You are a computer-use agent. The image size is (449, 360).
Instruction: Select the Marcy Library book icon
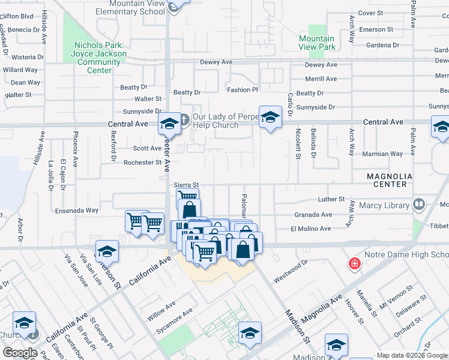click(x=419, y=205)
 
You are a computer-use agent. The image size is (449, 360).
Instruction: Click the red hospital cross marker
click(x=355, y=263)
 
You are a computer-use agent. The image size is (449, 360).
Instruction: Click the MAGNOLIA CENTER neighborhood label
click(x=390, y=180)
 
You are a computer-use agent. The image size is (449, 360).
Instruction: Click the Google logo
click(x=20, y=353)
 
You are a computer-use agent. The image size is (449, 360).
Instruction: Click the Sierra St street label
click(x=185, y=185)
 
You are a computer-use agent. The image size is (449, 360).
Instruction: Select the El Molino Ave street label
click(x=310, y=229)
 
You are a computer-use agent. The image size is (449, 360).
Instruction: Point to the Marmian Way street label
click(x=384, y=154)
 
